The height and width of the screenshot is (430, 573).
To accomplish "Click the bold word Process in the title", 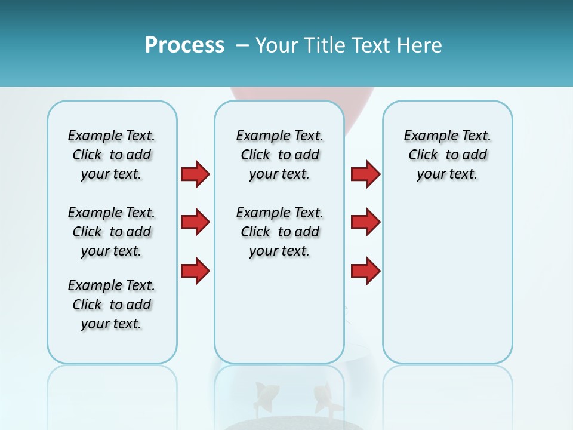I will coord(184,45).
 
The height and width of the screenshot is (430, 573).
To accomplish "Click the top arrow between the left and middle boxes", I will coord(195,174).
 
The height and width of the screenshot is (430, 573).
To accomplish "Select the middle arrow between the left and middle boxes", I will coord(195,222).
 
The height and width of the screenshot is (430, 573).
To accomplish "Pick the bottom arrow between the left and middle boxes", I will coord(195,271).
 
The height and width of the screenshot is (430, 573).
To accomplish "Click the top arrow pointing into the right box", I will coord(365,174).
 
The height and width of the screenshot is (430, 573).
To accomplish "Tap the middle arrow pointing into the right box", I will coord(365,222).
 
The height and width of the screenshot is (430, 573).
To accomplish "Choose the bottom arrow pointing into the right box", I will coord(365,271).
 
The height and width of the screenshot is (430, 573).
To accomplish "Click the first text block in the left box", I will coord(112,155).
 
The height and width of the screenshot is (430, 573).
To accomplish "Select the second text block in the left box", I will coord(112,232).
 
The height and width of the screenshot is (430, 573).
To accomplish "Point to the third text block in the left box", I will coord(112,305).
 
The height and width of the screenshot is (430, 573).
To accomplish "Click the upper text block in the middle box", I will coord(279,155).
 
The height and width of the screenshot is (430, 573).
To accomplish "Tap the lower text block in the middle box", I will coord(279,232).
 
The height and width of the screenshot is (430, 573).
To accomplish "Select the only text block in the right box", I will coord(447,155).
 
